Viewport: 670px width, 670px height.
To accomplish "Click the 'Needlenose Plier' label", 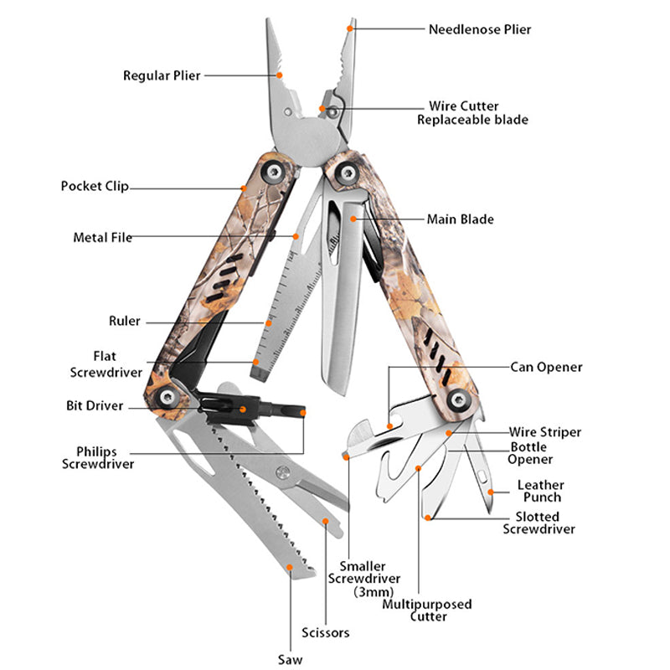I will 480,29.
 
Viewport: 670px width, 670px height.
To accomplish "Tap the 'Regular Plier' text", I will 162,75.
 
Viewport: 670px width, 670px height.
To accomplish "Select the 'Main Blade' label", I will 460,219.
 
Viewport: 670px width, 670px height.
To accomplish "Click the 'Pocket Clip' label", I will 95,186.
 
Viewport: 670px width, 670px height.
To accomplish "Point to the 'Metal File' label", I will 102,238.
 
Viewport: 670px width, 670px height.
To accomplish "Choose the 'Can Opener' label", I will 546,367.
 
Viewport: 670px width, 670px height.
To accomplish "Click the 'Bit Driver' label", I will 95,406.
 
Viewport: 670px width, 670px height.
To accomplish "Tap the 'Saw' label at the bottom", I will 290,658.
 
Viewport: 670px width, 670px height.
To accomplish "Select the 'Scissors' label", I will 325,632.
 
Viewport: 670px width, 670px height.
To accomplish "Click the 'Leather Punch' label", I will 540,491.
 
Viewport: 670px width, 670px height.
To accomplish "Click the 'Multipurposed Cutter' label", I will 427,610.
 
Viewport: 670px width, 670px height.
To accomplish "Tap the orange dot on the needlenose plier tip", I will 353,27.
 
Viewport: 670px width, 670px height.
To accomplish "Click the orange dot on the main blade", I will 354,219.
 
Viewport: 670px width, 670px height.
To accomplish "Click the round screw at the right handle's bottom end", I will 457,399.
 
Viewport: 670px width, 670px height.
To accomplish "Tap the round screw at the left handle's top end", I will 272,173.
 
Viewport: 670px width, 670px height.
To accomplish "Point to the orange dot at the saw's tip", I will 290,567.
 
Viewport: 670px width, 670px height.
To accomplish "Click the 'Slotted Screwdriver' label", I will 539,523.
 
